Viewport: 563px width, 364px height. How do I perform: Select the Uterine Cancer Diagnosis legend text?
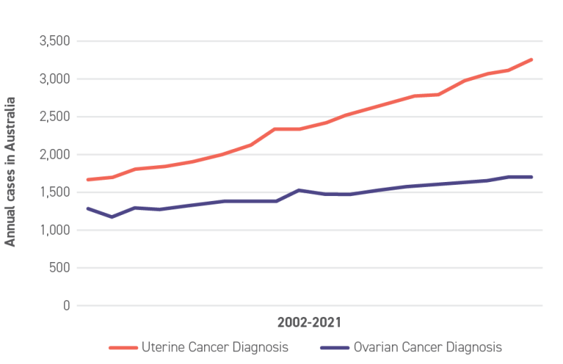pyautogui.click(x=215, y=347)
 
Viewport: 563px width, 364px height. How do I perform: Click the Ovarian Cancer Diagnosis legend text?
pyautogui.click(x=427, y=347)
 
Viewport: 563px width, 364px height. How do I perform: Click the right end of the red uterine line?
pyautogui.click(x=532, y=60)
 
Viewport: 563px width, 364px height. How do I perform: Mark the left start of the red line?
pyautogui.click(x=87, y=180)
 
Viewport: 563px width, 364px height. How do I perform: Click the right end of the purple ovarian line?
pyautogui.click(x=532, y=177)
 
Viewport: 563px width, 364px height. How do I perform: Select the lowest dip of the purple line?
pyautogui.click(x=111, y=216)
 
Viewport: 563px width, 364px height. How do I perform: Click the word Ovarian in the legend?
pyautogui.click(x=374, y=347)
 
